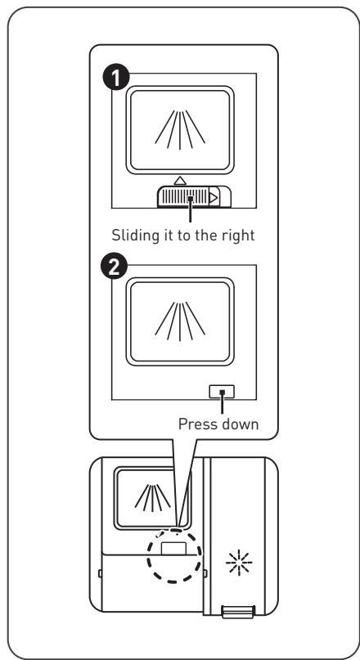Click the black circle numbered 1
[116, 79]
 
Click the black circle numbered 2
[113, 269]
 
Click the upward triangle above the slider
[180, 181]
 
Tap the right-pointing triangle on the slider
[214, 197]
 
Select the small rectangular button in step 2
[222, 392]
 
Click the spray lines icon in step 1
[180, 130]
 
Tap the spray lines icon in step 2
[180, 321]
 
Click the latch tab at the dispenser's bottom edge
[237, 612]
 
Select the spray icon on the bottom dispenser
[152, 498]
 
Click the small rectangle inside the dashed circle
[173, 549]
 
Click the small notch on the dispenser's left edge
[100, 572]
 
